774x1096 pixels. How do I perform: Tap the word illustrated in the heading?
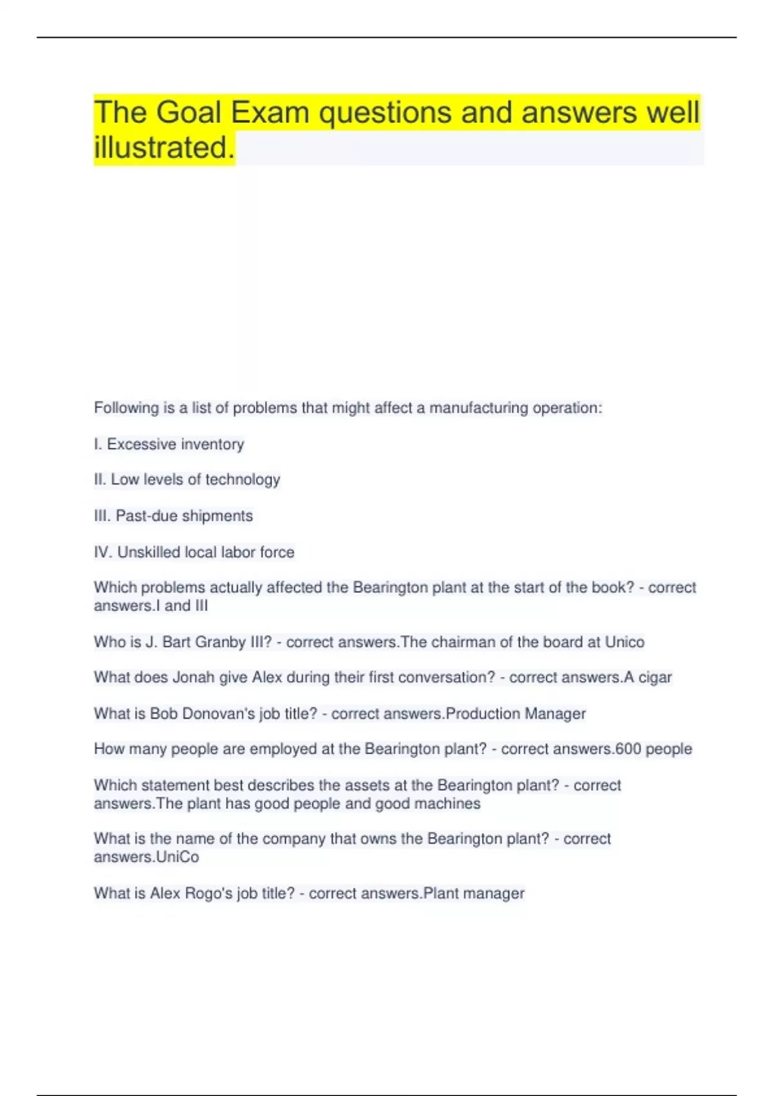pos(164,148)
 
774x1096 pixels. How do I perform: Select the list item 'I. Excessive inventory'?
pos(169,444)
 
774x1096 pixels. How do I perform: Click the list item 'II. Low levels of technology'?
pos(187,480)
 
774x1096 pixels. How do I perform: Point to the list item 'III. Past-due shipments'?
pos(174,516)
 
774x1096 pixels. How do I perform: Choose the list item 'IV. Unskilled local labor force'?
pos(194,552)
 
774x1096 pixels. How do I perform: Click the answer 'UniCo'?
pos(177,857)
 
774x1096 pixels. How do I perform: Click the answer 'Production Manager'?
pos(515,714)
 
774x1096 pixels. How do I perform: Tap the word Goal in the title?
pos(188,113)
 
